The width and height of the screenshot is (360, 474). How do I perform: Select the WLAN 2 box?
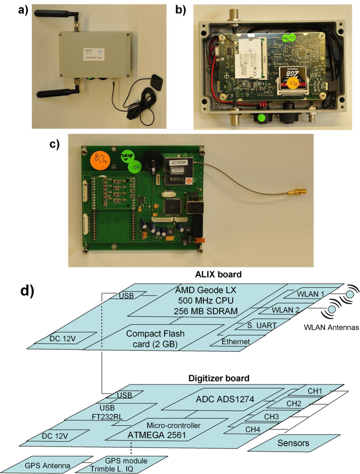(x=286, y=310)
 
